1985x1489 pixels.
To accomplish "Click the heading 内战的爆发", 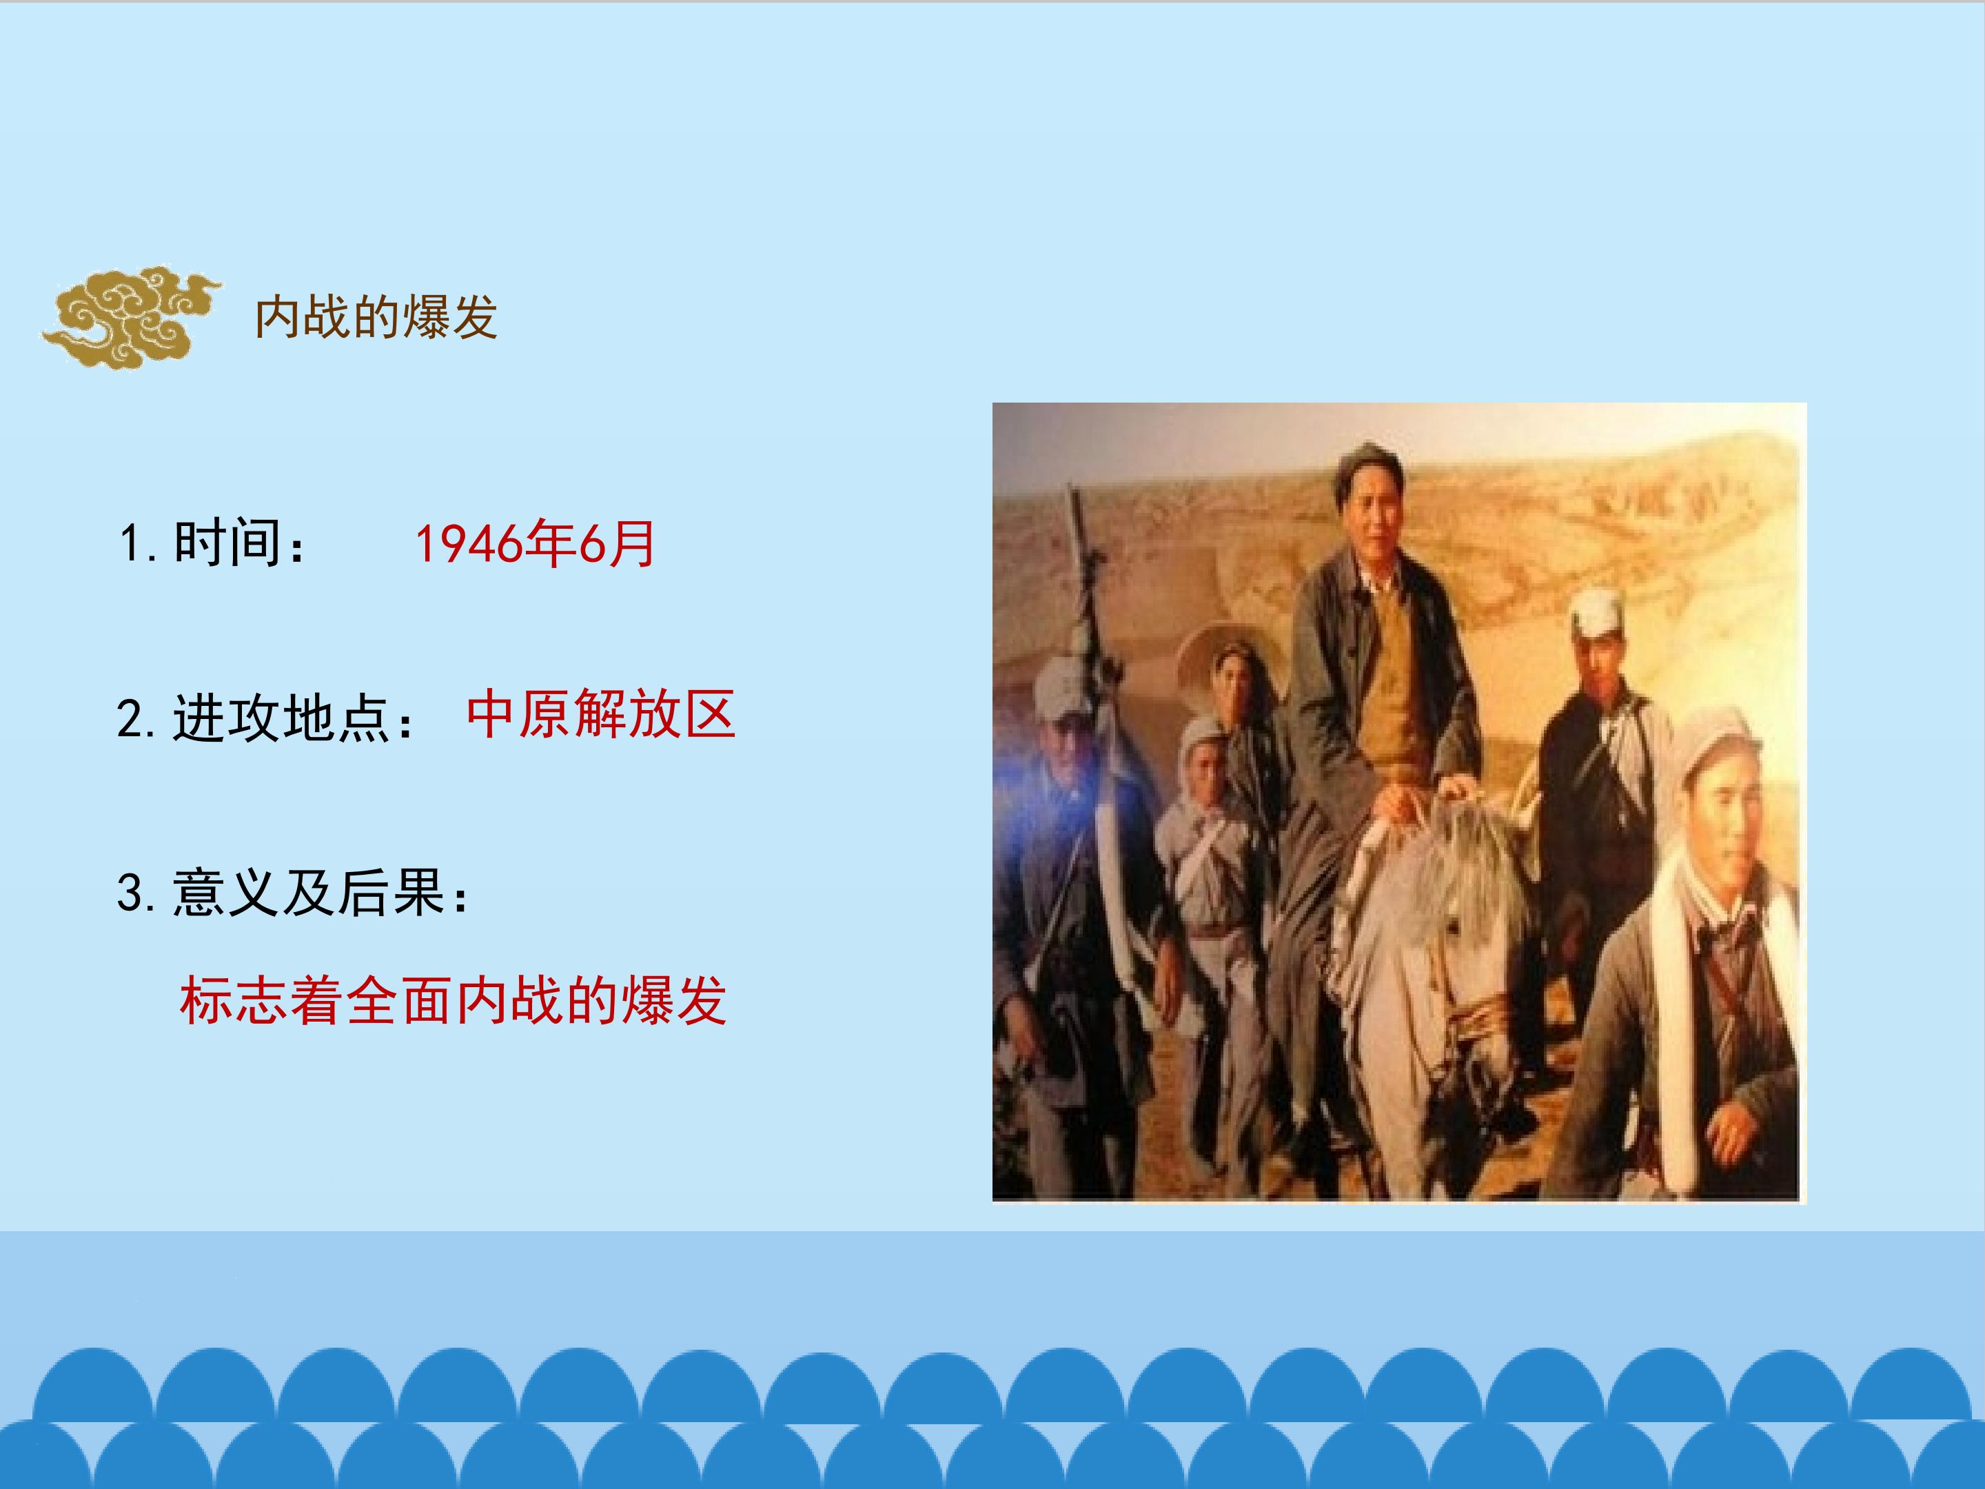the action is [x=376, y=317].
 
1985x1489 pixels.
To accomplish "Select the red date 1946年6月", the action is [x=535, y=544].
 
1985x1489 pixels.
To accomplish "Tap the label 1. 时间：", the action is [x=213, y=544].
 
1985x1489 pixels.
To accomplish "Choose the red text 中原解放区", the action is [x=600, y=714].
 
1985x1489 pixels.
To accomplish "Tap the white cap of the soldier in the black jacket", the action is [x=1599, y=612].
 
